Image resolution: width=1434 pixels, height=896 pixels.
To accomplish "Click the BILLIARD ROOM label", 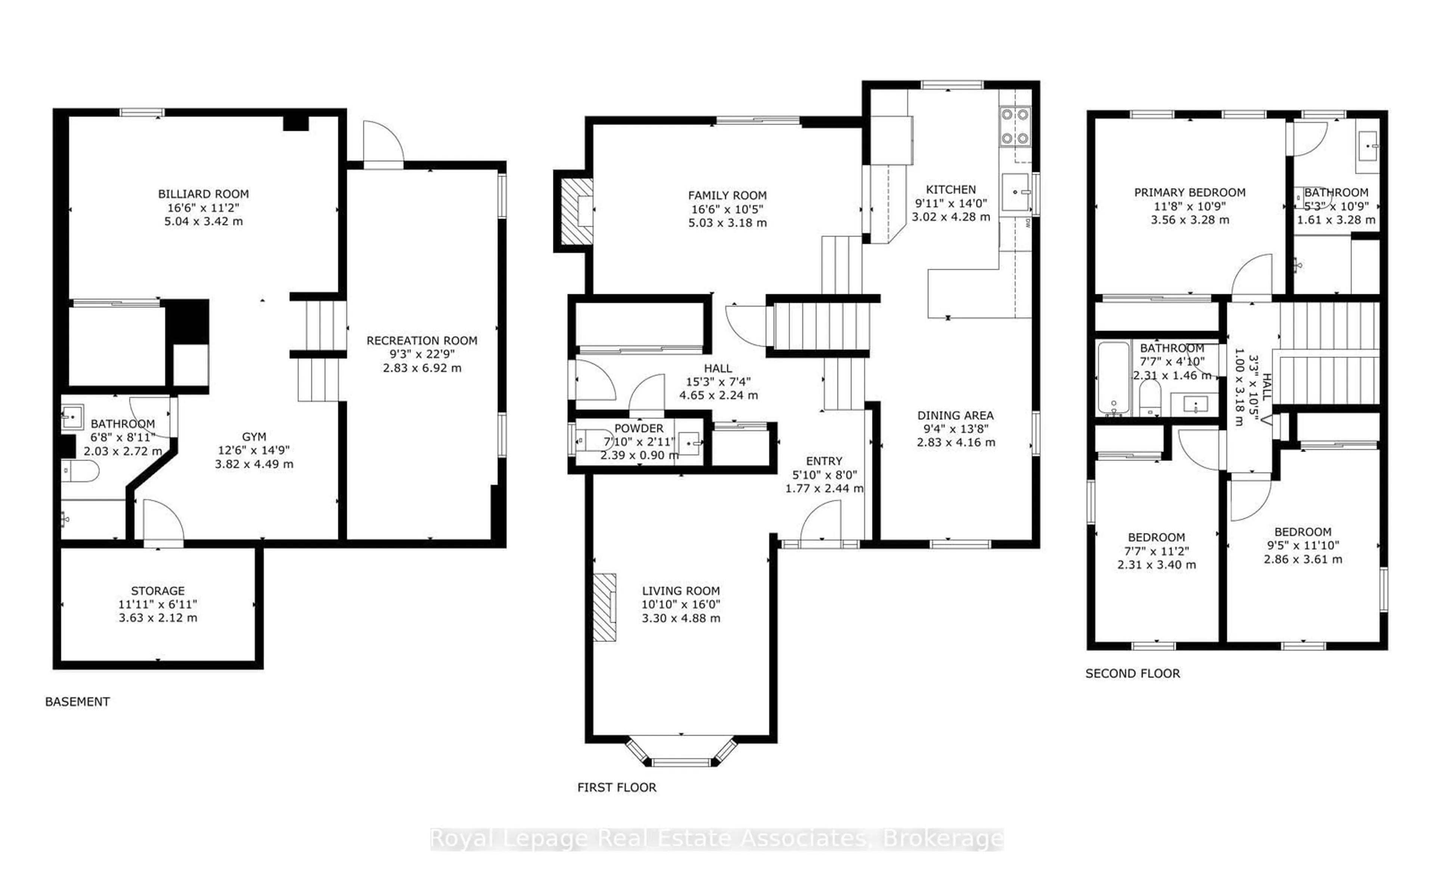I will (x=203, y=194).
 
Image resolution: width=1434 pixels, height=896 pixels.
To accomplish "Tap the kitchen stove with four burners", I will (x=1015, y=126).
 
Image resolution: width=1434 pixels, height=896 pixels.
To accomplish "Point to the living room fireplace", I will (x=605, y=607).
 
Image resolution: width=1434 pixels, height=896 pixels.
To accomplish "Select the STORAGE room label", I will (x=158, y=591).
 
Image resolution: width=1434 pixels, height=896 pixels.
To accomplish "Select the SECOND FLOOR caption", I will (x=1132, y=673).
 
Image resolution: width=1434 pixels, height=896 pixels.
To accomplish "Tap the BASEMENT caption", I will (x=78, y=701).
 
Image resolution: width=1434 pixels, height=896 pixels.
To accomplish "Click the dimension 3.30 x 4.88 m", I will (x=681, y=618).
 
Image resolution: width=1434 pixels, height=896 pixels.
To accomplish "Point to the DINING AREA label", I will (x=955, y=416).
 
